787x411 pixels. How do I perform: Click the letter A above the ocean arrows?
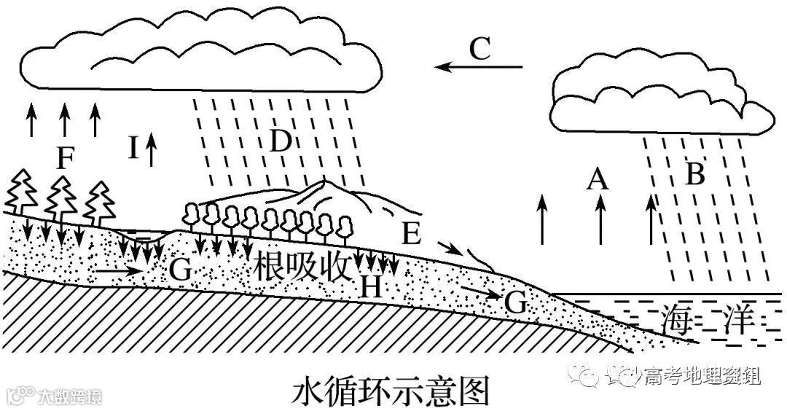598,178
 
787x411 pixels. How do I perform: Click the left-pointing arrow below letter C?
479,67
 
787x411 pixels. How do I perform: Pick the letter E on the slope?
411,233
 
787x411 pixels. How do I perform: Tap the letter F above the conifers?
65,159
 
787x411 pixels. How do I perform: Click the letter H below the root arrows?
371,288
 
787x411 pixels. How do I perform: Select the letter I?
133,148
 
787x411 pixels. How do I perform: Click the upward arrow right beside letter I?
152,149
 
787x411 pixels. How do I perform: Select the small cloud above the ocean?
659,102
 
